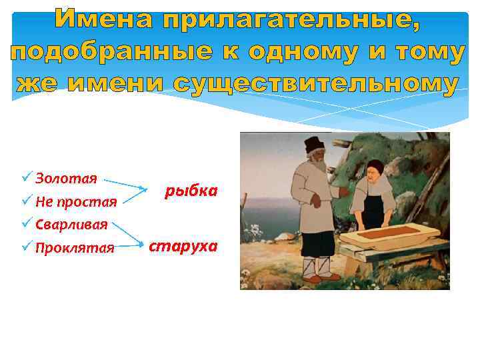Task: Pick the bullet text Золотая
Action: [67, 179]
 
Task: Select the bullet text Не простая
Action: [76, 201]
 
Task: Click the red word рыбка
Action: [191, 191]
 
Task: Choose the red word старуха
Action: [183, 246]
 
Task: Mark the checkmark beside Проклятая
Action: [26, 247]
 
